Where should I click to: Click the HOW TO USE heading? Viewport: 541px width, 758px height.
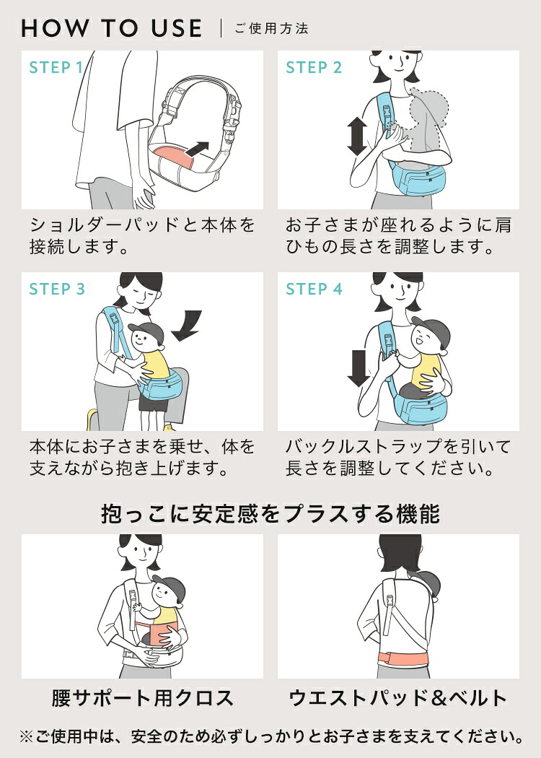click(x=112, y=29)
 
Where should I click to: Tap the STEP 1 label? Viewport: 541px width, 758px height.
click(x=56, y=68)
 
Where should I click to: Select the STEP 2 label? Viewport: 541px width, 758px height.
click(x=314, y=68)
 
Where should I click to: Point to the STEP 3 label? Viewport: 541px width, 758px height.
click(x=57, y=289)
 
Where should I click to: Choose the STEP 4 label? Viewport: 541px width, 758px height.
click(x=314, y=289)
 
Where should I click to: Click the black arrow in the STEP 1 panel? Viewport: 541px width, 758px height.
click(x=197, y=149)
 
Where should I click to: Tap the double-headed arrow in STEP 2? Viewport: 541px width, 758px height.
click(x=357, y=136)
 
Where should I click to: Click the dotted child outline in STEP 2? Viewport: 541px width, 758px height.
click(x=428, y=121)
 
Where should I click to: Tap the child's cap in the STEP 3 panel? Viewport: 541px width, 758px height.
click(x=147, y=331)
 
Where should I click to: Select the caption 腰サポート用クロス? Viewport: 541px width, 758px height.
click(x=143, y=698)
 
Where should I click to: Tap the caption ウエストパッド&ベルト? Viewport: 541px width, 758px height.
click(x=398, y=698)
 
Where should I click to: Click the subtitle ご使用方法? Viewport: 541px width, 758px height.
click(x=271, y=29)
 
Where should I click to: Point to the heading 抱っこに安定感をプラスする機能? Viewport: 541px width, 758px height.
click(x=270, y=513)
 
